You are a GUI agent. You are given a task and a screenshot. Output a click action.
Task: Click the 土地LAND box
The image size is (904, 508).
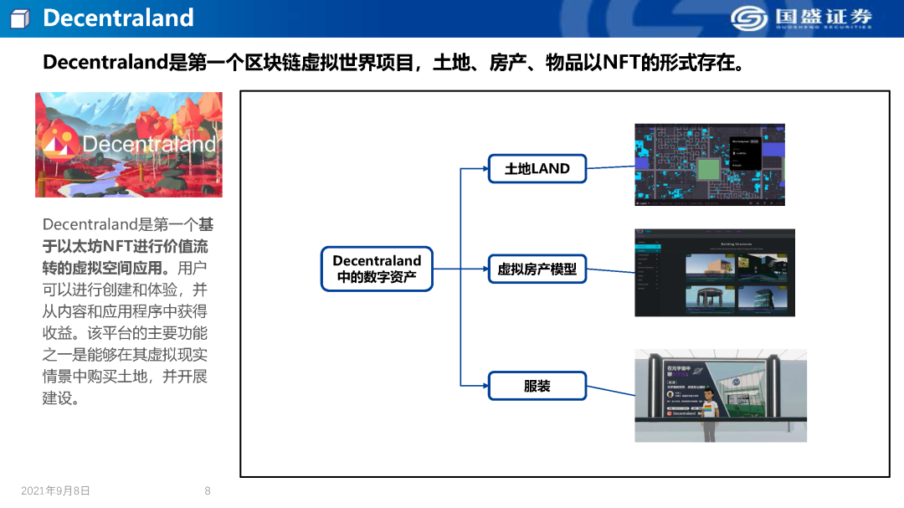[537, 168]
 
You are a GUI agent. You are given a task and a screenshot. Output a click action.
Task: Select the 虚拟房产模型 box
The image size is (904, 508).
[537, 269]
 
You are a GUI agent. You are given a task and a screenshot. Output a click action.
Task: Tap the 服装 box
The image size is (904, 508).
[537, 386]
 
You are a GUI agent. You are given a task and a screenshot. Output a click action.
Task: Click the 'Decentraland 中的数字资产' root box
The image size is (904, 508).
[377, 269]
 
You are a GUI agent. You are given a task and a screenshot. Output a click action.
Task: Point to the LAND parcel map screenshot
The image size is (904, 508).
[709, 165]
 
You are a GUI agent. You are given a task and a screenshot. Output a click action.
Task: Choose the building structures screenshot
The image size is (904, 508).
[714, 273]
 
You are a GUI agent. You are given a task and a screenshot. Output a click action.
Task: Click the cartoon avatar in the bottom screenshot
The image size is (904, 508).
[709, 410]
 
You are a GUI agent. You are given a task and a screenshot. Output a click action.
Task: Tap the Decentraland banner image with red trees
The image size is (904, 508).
[129, 145]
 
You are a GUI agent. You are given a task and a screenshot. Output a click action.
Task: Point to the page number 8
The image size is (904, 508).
[208, 491]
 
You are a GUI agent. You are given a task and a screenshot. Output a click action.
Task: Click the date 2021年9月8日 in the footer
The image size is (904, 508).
[55, 491]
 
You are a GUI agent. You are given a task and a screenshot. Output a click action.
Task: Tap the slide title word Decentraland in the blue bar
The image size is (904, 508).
[118, 18]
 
